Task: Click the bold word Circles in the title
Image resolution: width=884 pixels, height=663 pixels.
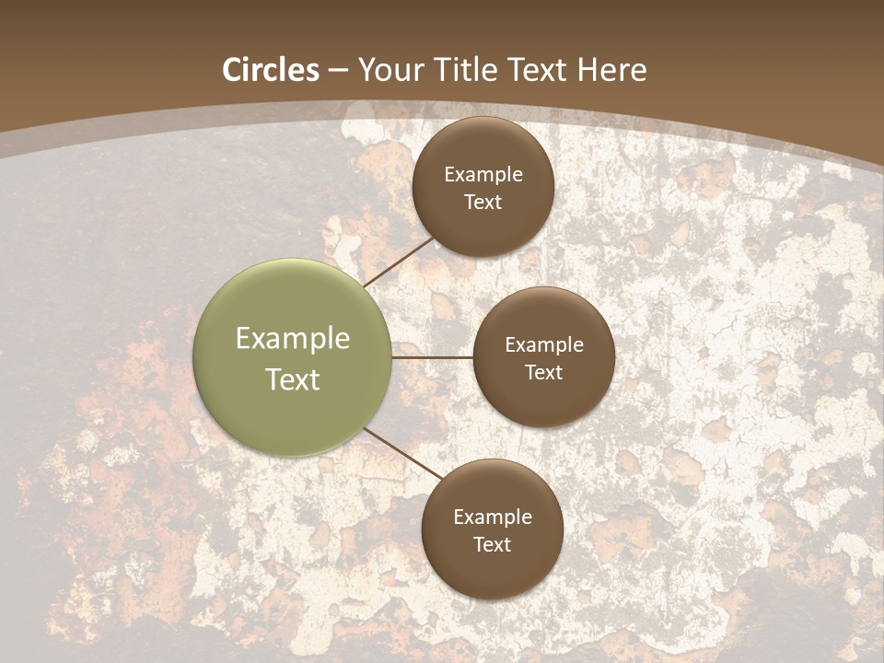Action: tap(271, 70)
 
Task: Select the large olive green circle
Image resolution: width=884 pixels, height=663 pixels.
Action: tap(293, 357)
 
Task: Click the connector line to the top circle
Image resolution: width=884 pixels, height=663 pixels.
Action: tap(400, 262)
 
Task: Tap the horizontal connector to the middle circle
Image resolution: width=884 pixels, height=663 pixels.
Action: tap(433, 357)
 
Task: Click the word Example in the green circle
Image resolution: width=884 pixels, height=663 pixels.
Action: tap(293, 338)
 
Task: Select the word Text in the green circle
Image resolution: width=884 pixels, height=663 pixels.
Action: tap(293, 379)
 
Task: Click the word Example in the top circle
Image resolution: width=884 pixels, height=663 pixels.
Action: tap(483, 174)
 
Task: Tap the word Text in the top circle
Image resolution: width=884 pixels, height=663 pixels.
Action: tap(483, 202)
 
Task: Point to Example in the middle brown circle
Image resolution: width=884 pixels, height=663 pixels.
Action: tap(544, 344)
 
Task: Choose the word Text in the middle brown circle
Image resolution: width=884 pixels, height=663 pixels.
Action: tap(544, 372)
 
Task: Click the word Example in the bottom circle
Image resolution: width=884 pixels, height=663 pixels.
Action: tap(493, 517)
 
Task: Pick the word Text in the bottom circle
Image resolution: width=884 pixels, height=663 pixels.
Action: tap(493, 544)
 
